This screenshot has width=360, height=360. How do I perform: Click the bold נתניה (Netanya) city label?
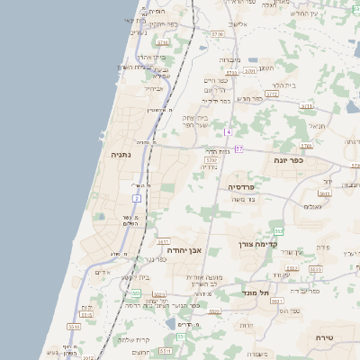point(120,155)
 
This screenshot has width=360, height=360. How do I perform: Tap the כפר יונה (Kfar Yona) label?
point(290,159)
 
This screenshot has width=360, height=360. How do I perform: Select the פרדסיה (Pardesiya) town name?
point(242,186)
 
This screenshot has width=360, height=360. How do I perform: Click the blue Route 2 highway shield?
point(137,197)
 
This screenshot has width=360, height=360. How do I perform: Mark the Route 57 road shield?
point(238,147)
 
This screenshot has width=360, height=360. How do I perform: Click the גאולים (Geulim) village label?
point(313,206)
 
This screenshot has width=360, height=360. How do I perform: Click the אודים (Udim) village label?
point(102,273)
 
